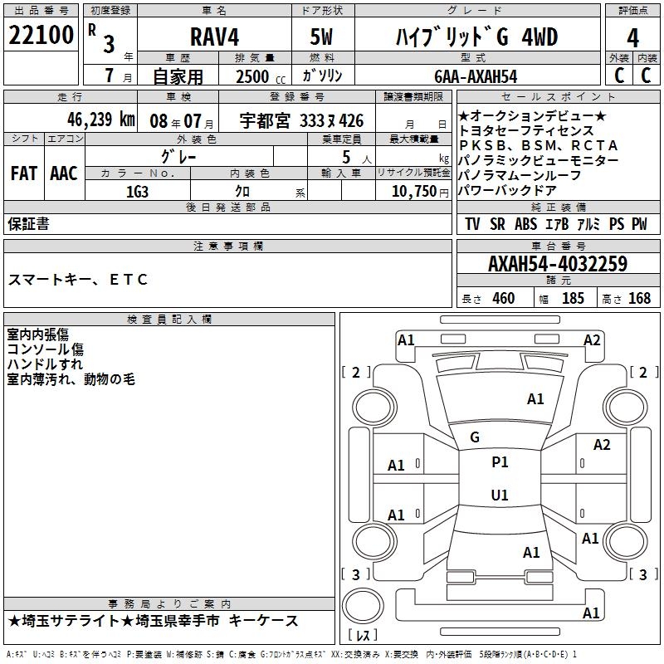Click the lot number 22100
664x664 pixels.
coord(41,36)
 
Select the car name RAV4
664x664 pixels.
coord(213,37)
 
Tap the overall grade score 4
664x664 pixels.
coord(632,37)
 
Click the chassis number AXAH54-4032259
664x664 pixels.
coord(557,264)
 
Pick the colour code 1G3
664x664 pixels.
coord(137,191)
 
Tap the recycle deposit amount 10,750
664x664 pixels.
coord(413,191)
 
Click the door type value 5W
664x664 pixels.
coord(321,37)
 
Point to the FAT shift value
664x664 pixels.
coord(23,173)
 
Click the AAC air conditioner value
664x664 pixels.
coord(64,173)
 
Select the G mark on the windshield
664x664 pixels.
coord(475,437)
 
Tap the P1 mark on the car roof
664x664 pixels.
coord(500,462)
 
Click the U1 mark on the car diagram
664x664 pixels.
coord(500,496)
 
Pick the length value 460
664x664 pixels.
coord(503,299)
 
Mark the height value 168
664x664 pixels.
coord(639,299)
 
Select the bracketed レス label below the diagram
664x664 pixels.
coord(363,636)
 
